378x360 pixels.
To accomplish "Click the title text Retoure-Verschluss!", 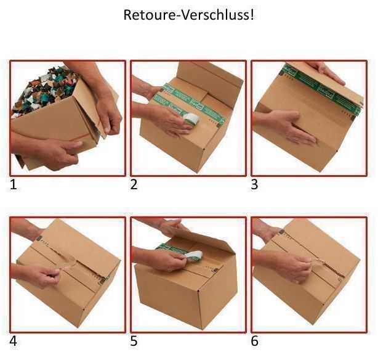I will click(x=188, y=15).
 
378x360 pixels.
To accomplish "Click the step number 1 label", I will click(x=14, y=184).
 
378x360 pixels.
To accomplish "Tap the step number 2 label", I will click(x=134, y=184).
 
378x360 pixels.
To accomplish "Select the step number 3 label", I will click(x=254, y=184).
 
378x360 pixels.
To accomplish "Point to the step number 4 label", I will click(x=14, y=341).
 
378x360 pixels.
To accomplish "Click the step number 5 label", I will click(x=134, y=341).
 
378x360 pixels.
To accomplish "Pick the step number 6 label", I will click(x=254, y=341).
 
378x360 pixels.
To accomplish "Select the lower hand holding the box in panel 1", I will click(x=52, y=151).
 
